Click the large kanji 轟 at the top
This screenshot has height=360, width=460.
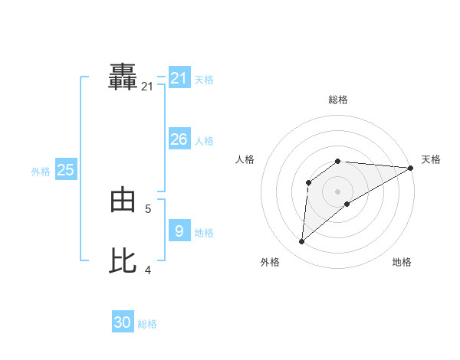click(123, 77)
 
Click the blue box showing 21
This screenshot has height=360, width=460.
click(179, 77)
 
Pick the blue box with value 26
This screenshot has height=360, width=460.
click(179, 139)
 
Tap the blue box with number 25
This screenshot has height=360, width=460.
click(66, 170)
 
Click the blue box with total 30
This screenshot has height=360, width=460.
click(123, 322)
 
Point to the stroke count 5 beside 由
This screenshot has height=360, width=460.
click(148, 208)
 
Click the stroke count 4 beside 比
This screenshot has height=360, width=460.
click(148, 270)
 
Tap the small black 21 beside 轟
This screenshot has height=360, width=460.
click(147, 87)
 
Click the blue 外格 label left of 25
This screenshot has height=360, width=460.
click(41, 172)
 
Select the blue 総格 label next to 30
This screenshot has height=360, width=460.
click(147, 324)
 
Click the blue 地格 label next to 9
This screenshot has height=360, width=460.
click(204, 233)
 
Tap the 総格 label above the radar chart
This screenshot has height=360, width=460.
click(338, 100)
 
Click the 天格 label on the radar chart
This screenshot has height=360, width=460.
click(431, 159)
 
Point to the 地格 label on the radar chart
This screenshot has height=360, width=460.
click(402, 262)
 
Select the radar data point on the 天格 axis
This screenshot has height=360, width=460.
click(410, 167)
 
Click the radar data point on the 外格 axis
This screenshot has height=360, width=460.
click(302, 241)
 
